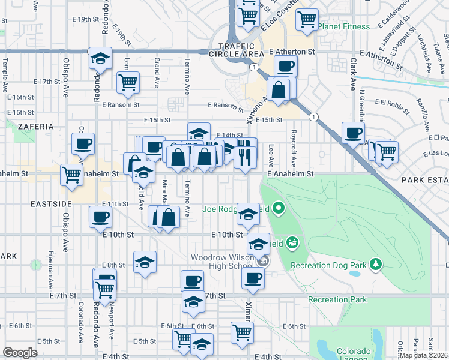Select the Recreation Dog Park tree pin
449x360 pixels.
(376, 264)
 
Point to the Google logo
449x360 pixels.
(20, 352)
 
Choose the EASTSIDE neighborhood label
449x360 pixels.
(50, 204)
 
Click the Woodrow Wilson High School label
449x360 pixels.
(221, 262)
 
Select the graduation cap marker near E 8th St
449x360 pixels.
(145, 262)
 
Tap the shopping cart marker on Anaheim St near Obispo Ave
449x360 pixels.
(71, 175)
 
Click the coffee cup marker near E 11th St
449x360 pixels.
(100, 217)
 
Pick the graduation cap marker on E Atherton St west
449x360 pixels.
(100, 58)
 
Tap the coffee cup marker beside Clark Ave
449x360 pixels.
(353, 133)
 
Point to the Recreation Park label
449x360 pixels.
(337, 299)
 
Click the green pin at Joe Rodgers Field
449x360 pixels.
(278, 209)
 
